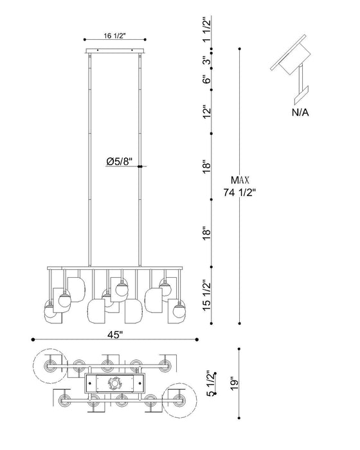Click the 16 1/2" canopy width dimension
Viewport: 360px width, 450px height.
(x=114, y=35)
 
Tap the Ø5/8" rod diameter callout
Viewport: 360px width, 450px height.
(x=119, y=162)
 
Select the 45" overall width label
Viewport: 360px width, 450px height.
(x=115, y=335)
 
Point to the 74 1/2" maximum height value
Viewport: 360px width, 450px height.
(x=239, y=192)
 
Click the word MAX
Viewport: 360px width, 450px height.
(x=240, y=180)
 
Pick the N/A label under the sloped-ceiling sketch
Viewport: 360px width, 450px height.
(x=300, y=113)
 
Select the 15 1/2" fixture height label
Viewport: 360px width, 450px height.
(x=207, y=296)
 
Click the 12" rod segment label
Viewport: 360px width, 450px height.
(x=207, y=112)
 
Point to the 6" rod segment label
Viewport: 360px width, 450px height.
(x=207, y=79)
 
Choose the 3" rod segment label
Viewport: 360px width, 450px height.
(x=207, y=61)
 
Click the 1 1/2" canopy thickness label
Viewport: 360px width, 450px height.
(x=207, y=30)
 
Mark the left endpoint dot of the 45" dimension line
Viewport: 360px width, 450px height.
(x=33, y=339)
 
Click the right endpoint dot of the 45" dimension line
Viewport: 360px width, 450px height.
(x=197, y=339)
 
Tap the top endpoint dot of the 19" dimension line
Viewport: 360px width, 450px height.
(x=239, y=349)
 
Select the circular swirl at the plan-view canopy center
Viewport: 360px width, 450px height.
(x=114, y=383)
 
